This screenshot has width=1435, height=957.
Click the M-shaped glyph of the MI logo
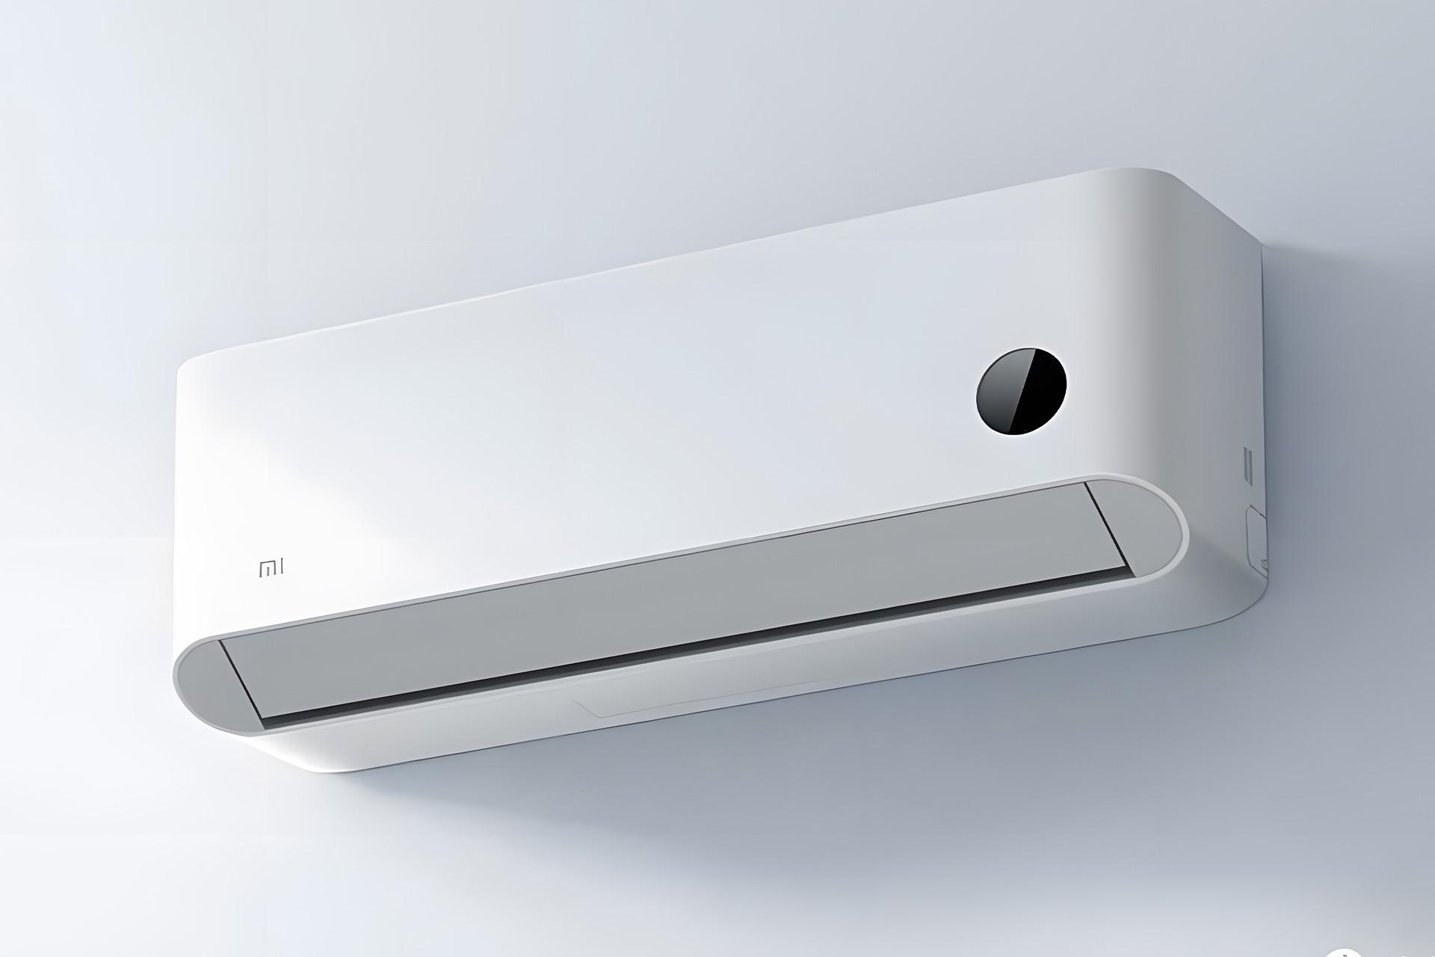[266, 570]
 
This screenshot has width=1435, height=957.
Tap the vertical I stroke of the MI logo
[281, 569]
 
